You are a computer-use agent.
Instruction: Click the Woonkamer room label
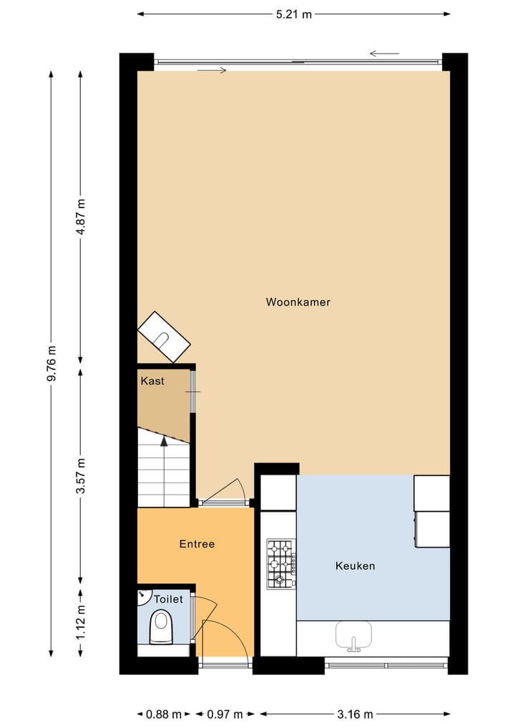tap(298, 302)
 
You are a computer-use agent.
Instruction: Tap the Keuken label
tap(355, 566)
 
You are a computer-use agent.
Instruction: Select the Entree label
tap(197, 544)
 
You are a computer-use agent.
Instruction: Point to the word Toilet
tap(169, 599)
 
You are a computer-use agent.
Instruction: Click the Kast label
tap(152, 381)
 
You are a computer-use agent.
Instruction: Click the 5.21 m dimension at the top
tap(294, 14)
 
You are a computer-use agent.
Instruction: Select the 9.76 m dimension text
tap(51, 364)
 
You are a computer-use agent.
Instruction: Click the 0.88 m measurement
tap(162, 714)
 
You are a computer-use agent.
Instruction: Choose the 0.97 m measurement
tap(225, 714)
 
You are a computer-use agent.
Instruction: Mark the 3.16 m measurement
tap(355, 714)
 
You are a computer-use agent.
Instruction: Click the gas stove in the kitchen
tap(280, 563)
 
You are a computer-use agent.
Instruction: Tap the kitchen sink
tap(354, 634)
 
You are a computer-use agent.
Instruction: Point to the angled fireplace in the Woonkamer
tap(164, 336)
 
